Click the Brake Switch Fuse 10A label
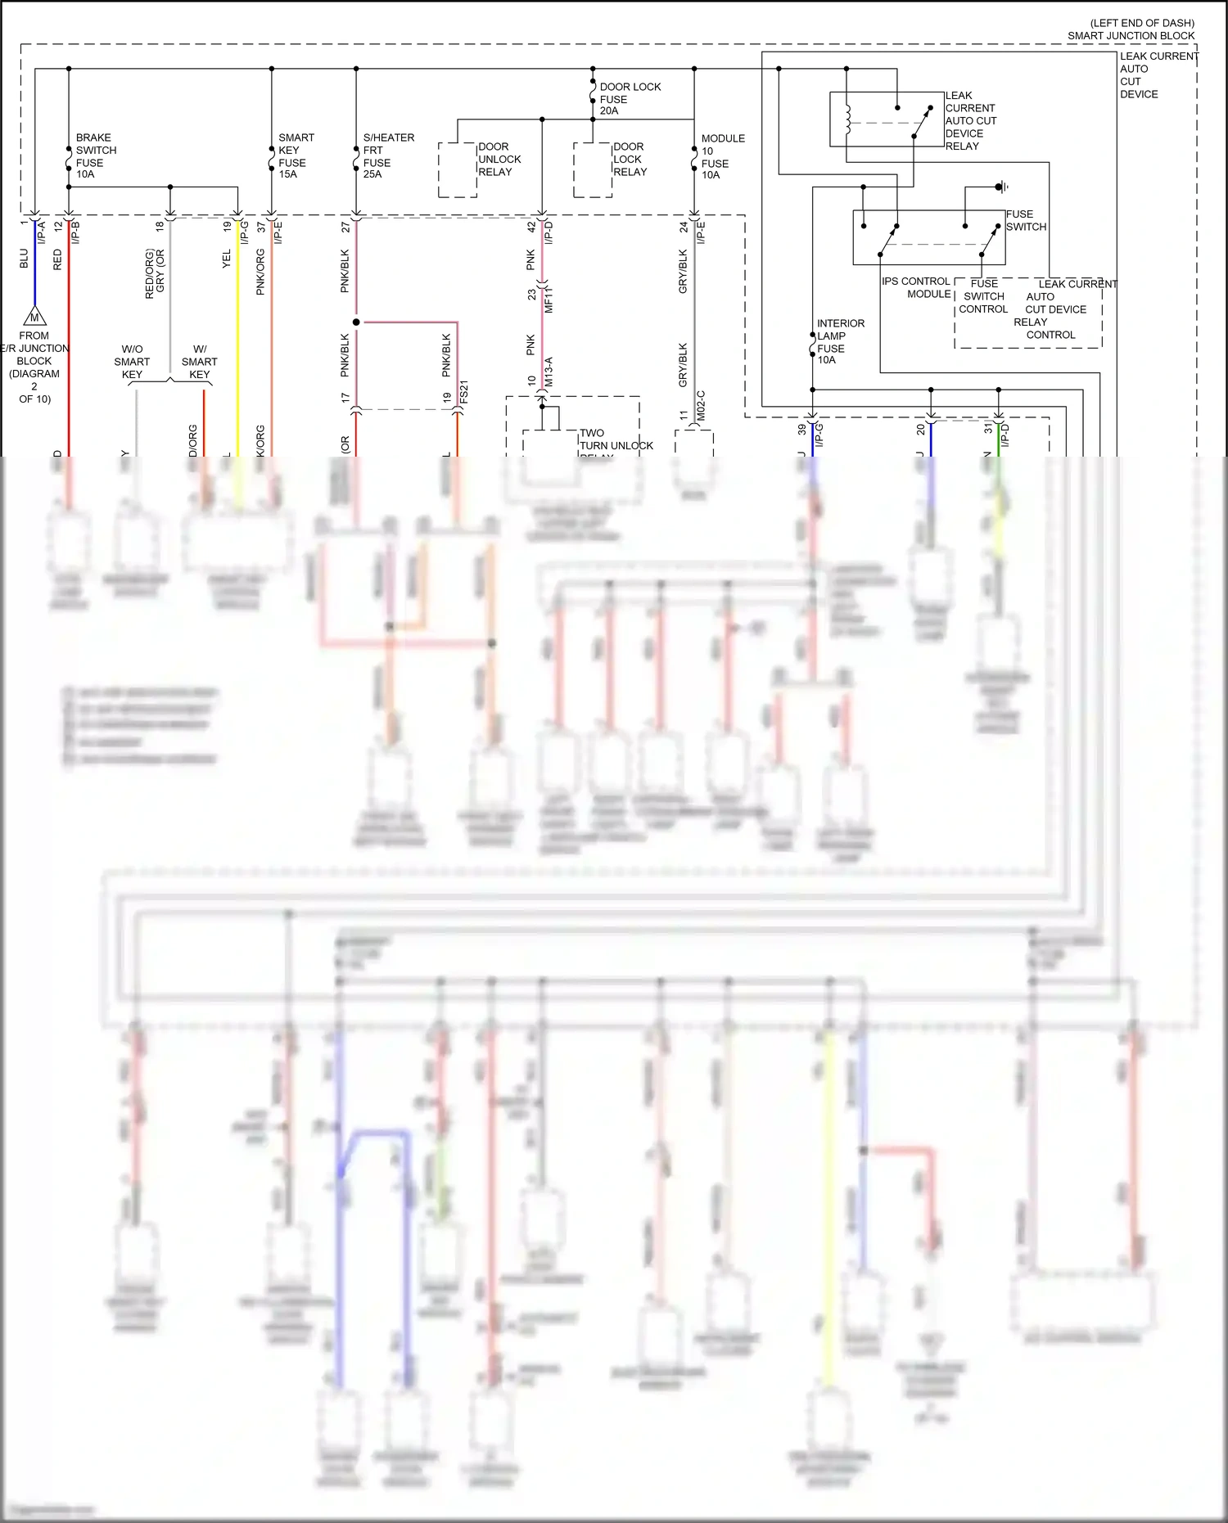click(96, 155)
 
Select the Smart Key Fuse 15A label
click(296, 155)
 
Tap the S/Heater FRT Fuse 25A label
click(388, 155)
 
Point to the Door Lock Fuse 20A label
click(629, 99)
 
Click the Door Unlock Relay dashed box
click(458, 169)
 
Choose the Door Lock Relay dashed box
click(593, 169)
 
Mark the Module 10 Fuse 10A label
click(722, 156)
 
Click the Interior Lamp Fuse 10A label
click(840, 341)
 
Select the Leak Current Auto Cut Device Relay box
click(887, 119)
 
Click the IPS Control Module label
click(916, 287)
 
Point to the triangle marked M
click(34, 318)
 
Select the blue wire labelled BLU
click(35, 262)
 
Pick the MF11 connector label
click(549, 300)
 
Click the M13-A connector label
click(549, 372)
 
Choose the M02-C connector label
click(701, 406)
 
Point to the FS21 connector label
click(464, 393)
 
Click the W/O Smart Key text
click(132, 362)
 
